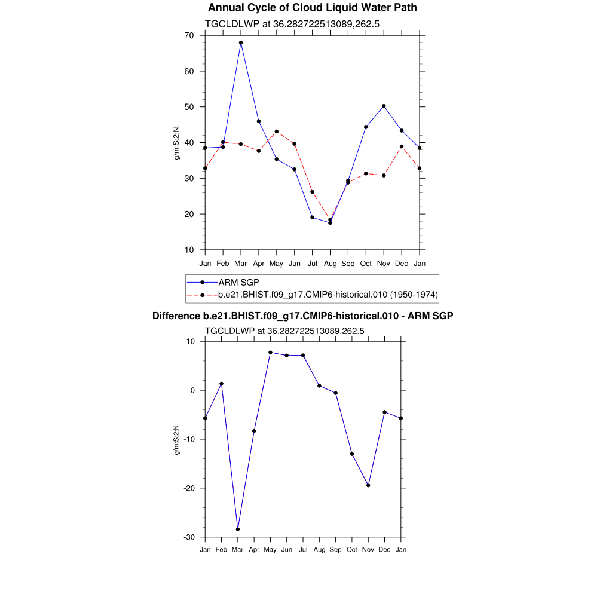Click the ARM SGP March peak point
tap(241, 43)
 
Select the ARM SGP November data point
tap(384, 106)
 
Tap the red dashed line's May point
tap(277, 131)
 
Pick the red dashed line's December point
tap(402, 146)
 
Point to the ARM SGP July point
tap(312, 218)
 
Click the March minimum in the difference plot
tap(238, 530)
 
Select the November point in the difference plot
tap(368, 485)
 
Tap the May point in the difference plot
tap(270, 353)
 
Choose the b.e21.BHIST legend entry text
tap(328, 295)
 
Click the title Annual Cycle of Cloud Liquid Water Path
tap(313, 8)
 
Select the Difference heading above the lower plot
tap(303, 316)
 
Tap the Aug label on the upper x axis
tap(330, 264)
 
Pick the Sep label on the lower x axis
tap(336, 549)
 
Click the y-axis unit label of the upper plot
tap(177, 142)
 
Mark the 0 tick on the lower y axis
tap(192, 390)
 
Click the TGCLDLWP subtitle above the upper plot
tap(292, 24)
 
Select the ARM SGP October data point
tap(366, 127)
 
